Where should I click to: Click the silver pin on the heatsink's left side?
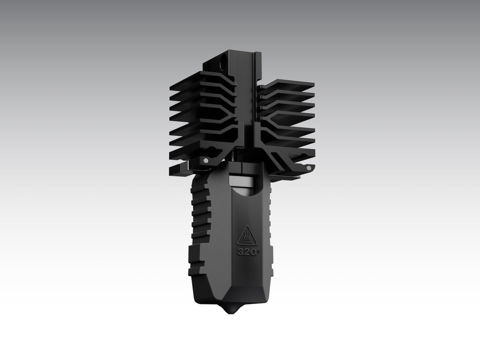pyautogui.click(x=205, y=160)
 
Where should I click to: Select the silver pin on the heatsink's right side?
pyautogui.click(x=309, y=168)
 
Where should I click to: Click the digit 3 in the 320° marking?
pyautogui.click(x=240, y=252)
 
